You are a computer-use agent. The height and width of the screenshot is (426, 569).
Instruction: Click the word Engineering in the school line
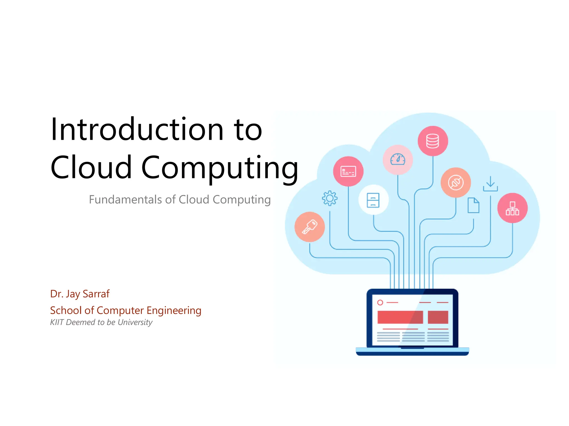(x=174, y=311)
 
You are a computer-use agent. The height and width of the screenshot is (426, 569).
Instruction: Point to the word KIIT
(x=57, y=322)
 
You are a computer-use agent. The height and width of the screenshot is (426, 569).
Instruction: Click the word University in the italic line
(x=135, y=322)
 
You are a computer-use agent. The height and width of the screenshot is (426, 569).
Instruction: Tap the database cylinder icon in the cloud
(x=433, y=141)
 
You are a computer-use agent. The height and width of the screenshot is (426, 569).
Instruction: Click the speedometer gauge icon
(x=398, y=159)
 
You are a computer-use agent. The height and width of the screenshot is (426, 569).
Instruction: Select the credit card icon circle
(x=348, y=171)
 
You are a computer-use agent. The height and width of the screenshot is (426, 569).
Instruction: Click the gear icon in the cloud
(x=330, y=198)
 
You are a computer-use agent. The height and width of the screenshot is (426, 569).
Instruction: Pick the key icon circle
(x=310, y=227)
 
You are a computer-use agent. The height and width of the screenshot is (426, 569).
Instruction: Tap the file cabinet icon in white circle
(x=373, y=200)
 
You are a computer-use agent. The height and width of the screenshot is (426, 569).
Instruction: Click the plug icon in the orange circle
(x=456, y=182)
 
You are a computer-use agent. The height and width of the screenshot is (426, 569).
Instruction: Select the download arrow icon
(x=490, y=184)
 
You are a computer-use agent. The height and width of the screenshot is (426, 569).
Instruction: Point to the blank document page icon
(x=473, y=205)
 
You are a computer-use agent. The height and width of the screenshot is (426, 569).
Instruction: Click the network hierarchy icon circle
(x=512, y=208)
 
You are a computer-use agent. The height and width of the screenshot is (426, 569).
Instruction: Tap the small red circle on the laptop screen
(x=380, y=302)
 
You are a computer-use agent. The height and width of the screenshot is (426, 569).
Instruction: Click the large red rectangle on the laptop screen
(x=400, y=317)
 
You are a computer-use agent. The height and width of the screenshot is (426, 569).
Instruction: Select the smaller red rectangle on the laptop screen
(x=438, y=317)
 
